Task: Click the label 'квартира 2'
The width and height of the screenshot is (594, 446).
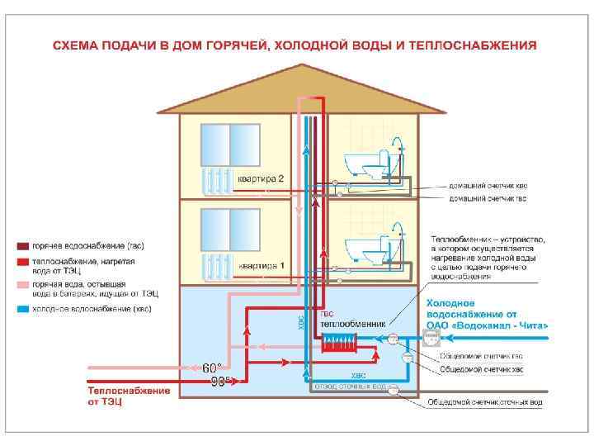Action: pyautogui.click(x=261, y=178)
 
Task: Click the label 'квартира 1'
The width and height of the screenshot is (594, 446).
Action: pyautogui.click(x=261, y=266)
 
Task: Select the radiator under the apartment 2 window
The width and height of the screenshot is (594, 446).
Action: pyautogui.click(x=219, y=180)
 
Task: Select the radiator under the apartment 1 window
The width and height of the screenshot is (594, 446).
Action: pyautogui.click(x=219, y=266)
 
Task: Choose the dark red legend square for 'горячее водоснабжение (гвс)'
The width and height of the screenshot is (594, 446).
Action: pyautogui.click(x=24, y=245)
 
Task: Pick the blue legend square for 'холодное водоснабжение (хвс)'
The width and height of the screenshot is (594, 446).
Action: pyautogui.click(x=24, y=308)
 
